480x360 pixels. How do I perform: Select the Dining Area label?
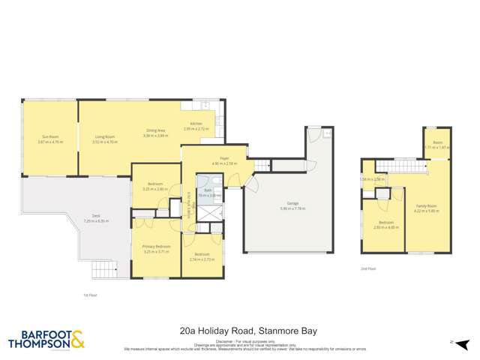(x=155, y=130)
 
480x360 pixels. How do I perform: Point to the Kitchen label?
(x=196, y=124)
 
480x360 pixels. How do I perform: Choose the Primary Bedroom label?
(x=157, y=247)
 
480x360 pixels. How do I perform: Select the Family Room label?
(x=426, y=205)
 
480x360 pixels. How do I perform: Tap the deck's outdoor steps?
(x=109, y=270)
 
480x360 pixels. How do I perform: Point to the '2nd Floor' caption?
(x=367, y=268)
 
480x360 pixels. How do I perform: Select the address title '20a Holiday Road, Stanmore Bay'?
(x=239, y=328)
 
